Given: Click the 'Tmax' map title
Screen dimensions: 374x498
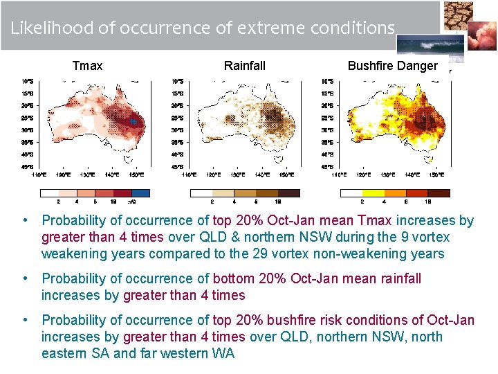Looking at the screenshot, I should click(x=87, y=66).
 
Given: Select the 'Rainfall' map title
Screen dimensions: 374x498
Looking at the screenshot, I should click(x=244, y=66).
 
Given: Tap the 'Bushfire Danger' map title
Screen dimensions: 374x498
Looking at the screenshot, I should click(x=392, y=66).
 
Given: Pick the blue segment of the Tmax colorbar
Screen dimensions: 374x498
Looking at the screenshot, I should click(x=140, y=193).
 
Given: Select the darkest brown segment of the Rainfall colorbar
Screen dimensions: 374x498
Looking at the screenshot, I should click(x=290, y=193).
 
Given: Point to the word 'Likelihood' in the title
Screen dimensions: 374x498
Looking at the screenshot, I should click(x=48, y=28).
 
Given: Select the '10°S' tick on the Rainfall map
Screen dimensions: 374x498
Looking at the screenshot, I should click(x=177, y=81).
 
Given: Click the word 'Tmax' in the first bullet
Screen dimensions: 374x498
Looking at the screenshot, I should click(x=374, y=221).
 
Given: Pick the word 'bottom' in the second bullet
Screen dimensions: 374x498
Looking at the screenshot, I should click(x=233, y=279).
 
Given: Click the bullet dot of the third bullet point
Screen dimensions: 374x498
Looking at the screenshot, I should click(x=25, y=320).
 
